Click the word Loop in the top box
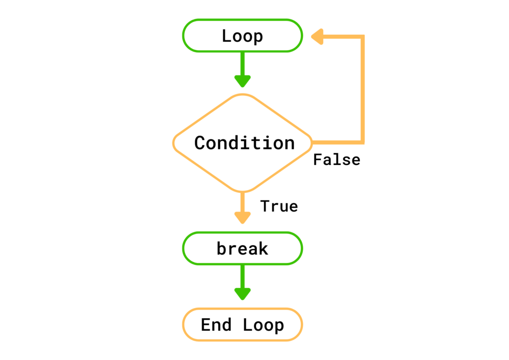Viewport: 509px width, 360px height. (x=242, y=36)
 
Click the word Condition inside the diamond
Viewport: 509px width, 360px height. (x=244, y=143)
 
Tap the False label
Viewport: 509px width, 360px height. (x=337, y=160)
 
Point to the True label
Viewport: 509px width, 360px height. (x=279, y=206)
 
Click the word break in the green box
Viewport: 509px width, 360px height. (x=242, y=248)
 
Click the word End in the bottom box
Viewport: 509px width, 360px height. (x=216, y=325)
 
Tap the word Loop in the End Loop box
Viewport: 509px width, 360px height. (x=263, y=325)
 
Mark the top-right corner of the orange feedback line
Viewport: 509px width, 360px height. (x=363, y=37)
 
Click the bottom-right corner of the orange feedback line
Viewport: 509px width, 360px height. (x=363, y=142)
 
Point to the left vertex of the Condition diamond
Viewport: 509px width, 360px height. (x=174, y=143)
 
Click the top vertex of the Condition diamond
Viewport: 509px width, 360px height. (x=242, y=94)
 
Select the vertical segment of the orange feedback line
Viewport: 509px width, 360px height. (x=363, y=90)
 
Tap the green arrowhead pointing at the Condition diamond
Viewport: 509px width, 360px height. (x=242, y=81)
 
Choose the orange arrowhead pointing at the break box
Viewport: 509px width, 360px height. (x=242, y=217)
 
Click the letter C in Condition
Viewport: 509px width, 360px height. (x=200, y=143)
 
